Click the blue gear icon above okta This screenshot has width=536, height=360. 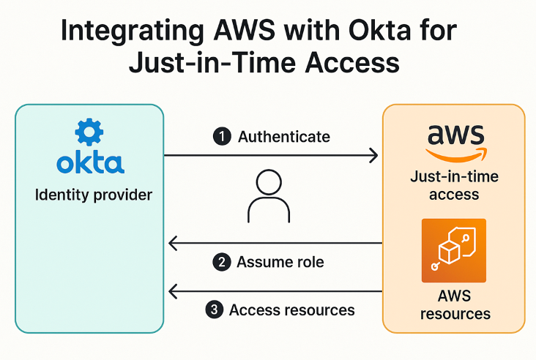[90, 132]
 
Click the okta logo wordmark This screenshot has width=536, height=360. [90, 162]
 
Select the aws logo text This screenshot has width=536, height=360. [455, 135]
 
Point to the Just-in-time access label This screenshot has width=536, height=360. [454, 185]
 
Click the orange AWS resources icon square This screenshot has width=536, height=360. [454, 250]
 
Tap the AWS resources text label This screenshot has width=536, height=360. [455, 305]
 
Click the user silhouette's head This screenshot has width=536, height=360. [264, 181]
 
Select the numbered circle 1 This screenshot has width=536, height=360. [222, 137]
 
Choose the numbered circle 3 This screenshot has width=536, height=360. [214, 310]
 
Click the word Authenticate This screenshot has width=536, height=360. [284, 137]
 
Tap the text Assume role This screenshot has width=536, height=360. [280, 262]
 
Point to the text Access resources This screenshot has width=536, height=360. [292, 310]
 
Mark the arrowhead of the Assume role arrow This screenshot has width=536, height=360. [174, 243]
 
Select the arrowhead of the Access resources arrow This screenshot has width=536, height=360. [174, 292]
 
